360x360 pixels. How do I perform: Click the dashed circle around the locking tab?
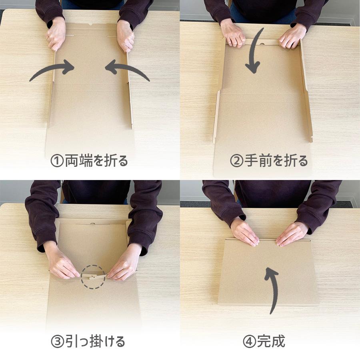coord(93,276)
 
